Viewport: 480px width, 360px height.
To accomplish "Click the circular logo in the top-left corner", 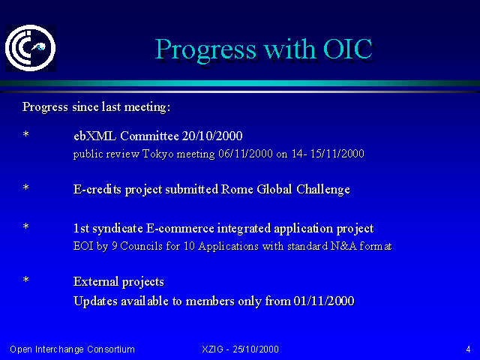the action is tap(30, 48).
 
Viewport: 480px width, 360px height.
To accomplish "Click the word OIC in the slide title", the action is tap(348, 49).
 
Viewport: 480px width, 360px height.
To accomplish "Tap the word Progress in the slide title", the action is tap(205, 50).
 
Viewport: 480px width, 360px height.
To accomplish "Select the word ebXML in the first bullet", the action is tap(95, 136).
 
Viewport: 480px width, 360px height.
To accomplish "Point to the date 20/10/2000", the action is tap(212, 136).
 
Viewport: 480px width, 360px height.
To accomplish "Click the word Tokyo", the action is tap(158, 154).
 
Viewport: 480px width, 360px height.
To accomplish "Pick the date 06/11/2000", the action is tap(245, 153).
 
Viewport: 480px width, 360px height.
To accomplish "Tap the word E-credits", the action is tap(97, 189).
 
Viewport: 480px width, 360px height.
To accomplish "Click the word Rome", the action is tap(237, 189).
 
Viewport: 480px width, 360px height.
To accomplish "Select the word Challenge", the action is tap(323, 190).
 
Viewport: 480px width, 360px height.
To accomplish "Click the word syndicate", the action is tap(118, 229).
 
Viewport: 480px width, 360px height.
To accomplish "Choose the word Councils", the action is tap(142, 246).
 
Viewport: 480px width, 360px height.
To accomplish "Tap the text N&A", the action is tap(343, 246).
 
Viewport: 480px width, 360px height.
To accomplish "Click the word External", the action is tap(96, 281).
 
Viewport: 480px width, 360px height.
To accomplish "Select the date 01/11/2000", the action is tap(324, 301).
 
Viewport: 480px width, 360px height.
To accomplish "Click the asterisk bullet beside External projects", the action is tap(26, 280).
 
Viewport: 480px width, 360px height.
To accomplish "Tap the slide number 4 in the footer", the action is tap(468, 349).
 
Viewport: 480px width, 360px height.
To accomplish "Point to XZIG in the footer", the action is tap(212, 349).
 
